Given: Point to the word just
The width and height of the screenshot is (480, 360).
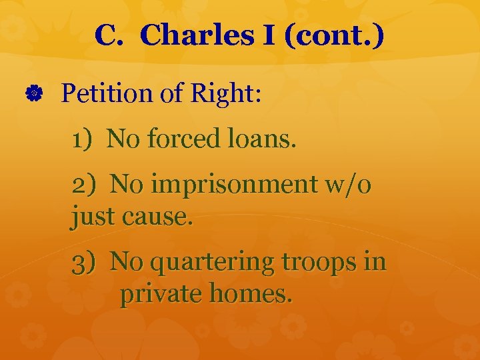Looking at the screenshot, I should [x=91, y=217].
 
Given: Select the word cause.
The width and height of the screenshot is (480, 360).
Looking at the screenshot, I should [x=155, y=217].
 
